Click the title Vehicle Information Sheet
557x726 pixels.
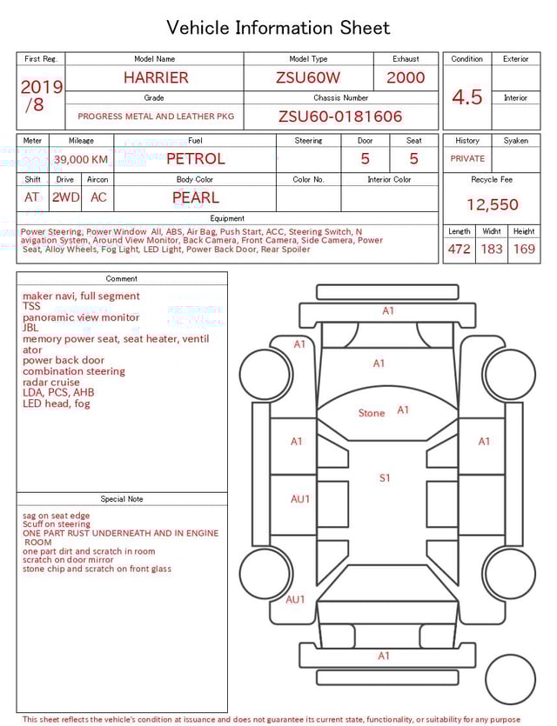(278, 28)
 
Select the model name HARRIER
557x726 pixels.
(155, 77)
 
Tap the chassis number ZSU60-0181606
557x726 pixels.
(340, 117)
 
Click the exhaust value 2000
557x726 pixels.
(406, 77)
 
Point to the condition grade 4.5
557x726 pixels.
(466, 97)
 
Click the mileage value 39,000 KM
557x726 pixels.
(81, 159)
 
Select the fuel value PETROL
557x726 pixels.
(195, 158)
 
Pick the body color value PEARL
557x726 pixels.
(195, 197)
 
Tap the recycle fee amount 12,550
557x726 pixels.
(492, 205)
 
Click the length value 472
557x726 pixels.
(459, 249)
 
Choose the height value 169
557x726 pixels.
(524, 249)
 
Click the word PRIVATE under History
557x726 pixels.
(467, 159)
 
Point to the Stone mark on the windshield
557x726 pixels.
(372, 413)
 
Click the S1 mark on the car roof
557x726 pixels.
(385, 477)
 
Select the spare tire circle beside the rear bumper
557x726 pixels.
(509, 679)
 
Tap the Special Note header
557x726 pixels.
(122, 499)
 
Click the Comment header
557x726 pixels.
(122, 279)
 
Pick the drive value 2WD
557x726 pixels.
(65, 197)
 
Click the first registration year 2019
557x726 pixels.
(41, 87)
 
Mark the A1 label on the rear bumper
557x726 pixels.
(384, 656)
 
